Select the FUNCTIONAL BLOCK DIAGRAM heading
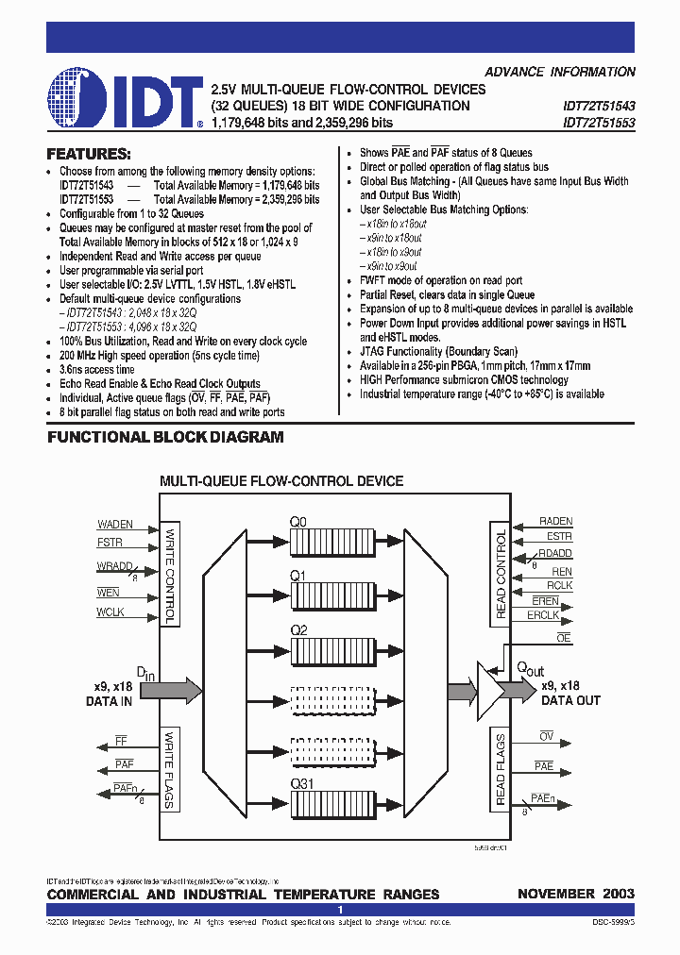[165, 437]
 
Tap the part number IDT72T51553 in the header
[599, 123]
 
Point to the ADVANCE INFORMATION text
[560, 72]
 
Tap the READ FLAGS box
[501, 769]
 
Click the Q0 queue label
[297, 521]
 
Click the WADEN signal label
[115, 524]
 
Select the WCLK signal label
[110, 612]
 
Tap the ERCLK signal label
[543, 615]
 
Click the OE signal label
[564, 639]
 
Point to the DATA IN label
[109, 701]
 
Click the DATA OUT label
[570, 701]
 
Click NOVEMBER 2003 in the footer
[576, 894]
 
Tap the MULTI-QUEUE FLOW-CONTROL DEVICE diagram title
[281, 481]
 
